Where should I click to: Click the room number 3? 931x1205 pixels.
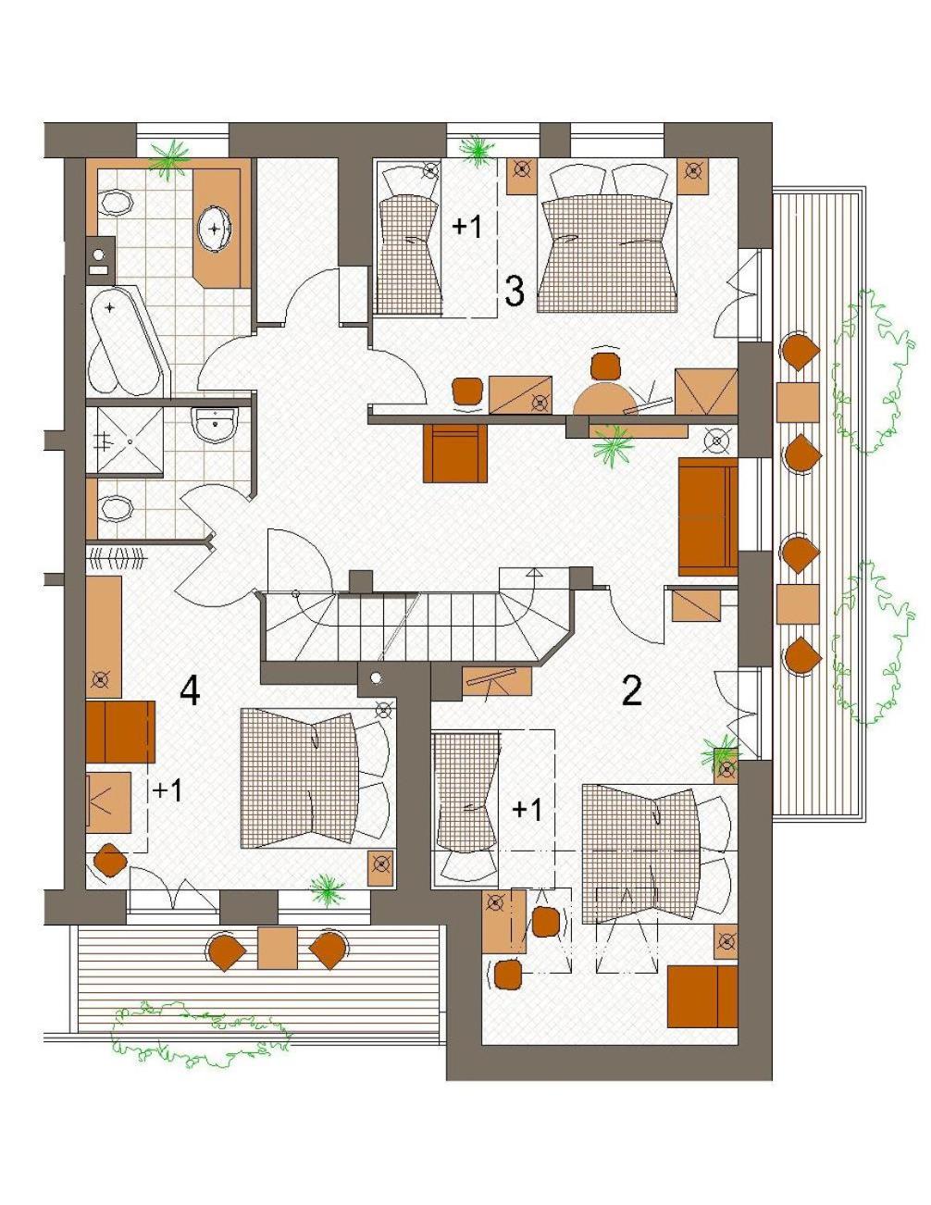514,292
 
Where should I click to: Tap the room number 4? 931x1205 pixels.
190,691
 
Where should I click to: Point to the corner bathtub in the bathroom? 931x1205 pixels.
125,341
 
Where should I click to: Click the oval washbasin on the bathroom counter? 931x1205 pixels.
215,228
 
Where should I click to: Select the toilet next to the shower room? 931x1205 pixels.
118,508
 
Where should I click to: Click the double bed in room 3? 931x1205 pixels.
608,240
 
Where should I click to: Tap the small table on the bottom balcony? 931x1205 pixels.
278,948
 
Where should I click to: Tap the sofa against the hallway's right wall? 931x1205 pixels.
708,516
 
